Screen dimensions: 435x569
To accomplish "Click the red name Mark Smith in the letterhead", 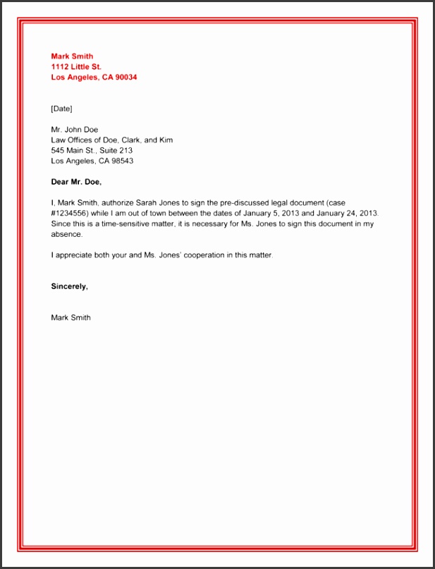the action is (72, 56).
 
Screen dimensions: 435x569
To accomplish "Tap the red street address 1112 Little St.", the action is (76, 67).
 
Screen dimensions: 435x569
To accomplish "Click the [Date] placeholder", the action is (62, 109).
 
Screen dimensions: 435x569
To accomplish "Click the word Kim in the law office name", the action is (165, 140).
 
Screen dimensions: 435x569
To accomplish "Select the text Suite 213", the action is (115, 150).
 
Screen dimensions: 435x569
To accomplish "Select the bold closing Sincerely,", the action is (70, 286).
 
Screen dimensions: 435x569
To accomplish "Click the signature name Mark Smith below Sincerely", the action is (71, 317).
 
